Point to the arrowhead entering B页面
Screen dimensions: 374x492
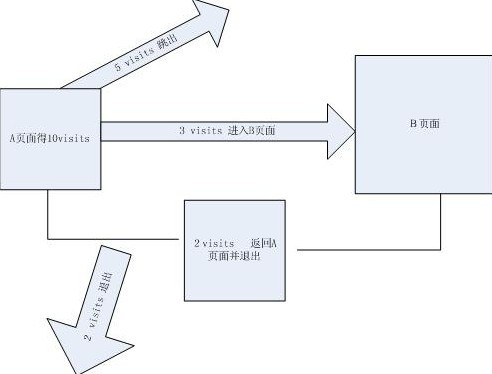[x=340, y=131]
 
